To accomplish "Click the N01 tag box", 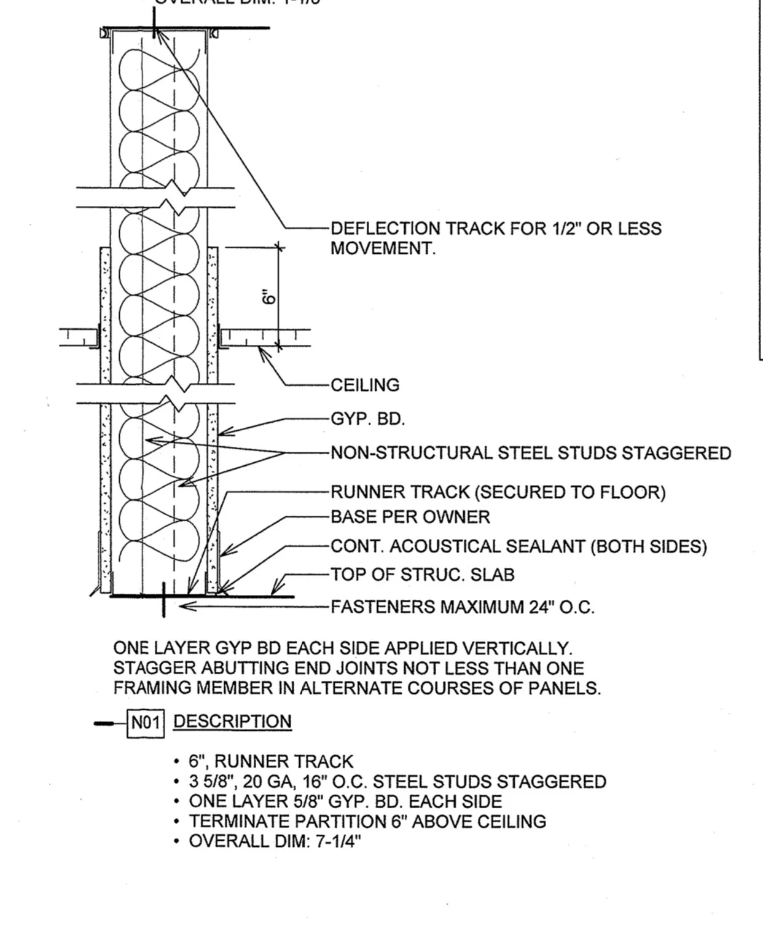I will click(x=145, y=723).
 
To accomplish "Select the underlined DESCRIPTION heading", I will click(x=232, y=722).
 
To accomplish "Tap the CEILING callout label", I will click(x=365, y=385).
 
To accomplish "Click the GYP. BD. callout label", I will click(x=368, y=419).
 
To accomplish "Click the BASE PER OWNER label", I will click(x=410, y=517).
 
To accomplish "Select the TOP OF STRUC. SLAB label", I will click(x=423, y=575).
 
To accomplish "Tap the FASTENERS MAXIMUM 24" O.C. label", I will click(x=463, y=607).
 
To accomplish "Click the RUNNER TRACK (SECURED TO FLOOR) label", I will click(x=498, y=492).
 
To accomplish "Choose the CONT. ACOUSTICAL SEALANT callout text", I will click(x=518, y=546).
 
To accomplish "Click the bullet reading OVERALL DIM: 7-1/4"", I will click(x=275, y=841).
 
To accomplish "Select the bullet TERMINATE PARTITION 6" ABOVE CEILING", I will click(x=367, y=821).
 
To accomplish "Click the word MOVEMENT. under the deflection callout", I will click(x=383, y=248).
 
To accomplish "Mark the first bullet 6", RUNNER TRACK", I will click(x=271, y=762).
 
